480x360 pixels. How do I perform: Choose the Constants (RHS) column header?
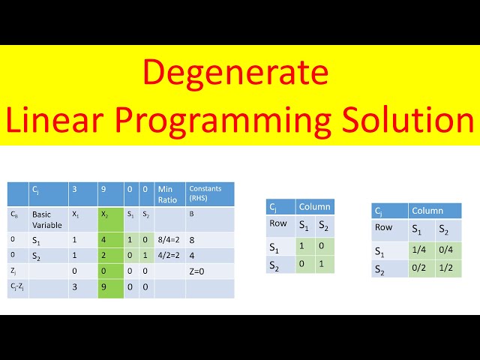[x=208, y=193]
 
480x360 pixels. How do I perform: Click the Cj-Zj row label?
[x=17, y=288]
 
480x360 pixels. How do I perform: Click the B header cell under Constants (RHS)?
[x=191, y=214]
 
